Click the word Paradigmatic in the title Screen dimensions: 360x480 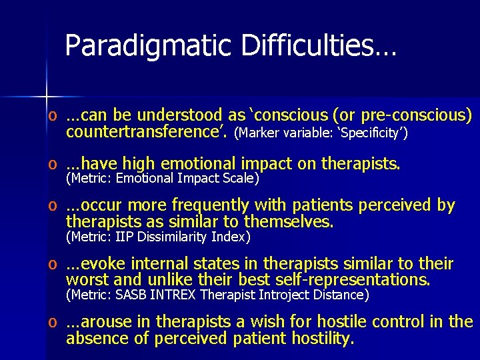[x=148, y=45]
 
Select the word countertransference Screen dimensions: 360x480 [x=147, y=131]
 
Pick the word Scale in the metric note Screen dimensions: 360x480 [x=241, y=178]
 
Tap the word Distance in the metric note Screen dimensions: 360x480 [x=339, y=294]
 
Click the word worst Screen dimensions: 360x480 [x=87, y=279]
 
